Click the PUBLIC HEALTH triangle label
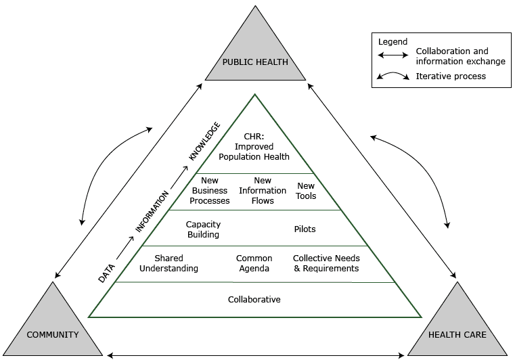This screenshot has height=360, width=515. (255, 62)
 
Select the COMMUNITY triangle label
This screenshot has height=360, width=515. (53, 334)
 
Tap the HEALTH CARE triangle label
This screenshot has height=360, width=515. (457, 334)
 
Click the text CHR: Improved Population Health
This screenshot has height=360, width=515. (254, 147)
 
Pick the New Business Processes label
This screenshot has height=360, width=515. (209, 191)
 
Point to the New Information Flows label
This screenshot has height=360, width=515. (263, 191)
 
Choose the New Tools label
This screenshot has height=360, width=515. (306, 191)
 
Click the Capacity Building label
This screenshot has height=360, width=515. (203, 229)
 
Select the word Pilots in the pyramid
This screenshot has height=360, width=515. (305, 229)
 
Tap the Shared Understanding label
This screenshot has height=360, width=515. (169, 263)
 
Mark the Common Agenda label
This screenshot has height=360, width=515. (254, 263)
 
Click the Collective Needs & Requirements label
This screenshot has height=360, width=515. (326, 263)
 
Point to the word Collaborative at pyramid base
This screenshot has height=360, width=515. (254, 299)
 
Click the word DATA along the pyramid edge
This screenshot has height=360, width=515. (107, 272)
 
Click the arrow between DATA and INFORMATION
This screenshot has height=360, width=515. (125, 248)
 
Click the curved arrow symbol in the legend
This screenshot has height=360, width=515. (393, 76)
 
